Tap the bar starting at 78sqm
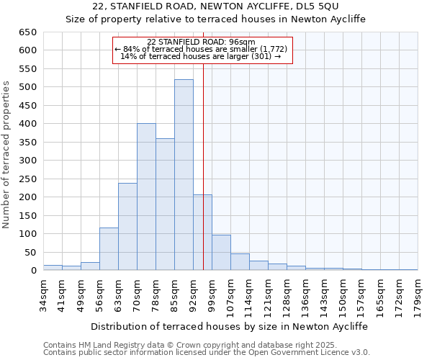[x=165, y=204]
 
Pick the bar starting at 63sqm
[x=127, y=227]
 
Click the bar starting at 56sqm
[x=109, y=249]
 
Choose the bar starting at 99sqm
[x=221, y=253]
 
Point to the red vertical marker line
[x=204, y=166]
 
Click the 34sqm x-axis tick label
[x=43, y=293]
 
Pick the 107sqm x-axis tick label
[x=230, y=294]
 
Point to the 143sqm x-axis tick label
[x=324, y=294]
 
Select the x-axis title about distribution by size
[x=230, y=326]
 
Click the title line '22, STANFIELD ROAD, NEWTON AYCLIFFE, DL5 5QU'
[x=216, y=7]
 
